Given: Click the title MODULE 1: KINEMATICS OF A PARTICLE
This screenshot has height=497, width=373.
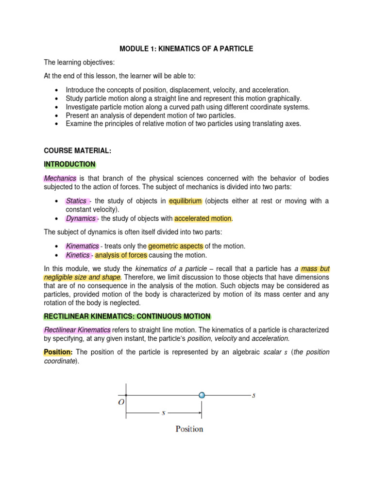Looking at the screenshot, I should [x=186, y=49].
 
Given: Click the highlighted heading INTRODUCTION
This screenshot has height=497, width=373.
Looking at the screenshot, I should [x=69, y=164].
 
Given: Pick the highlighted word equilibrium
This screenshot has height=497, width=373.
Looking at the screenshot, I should [x=186, y=201].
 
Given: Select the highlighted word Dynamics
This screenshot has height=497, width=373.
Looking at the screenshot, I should [x=81, y=218].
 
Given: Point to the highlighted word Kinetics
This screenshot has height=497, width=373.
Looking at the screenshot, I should [x=78, y=255].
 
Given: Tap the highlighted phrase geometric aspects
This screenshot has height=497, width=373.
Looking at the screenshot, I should [x=175, y=246].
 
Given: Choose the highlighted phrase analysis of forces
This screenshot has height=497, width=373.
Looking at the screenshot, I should [x=121, y=255].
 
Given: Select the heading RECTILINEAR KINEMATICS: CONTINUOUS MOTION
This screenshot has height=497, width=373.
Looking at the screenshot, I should [x=127, y=316].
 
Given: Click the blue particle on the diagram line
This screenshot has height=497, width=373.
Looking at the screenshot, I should [x=202, y=395].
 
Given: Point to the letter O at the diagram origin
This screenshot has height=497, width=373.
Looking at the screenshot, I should [x=120, y=402].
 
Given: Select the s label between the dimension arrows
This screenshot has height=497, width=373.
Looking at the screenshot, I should [x=163, y=414].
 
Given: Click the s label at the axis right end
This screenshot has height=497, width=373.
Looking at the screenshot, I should [x=254, y=395].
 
